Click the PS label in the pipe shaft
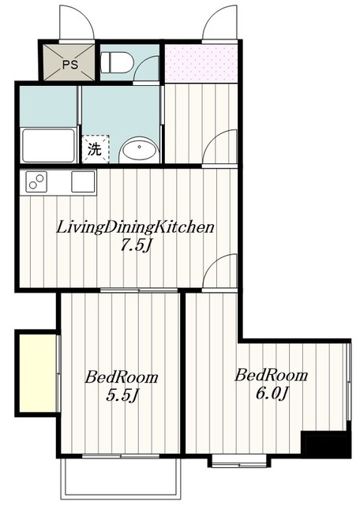pos(70,65)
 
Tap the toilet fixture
pos(117,62)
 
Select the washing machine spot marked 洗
pos(96,149)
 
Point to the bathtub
pos(49,145)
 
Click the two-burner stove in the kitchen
pos(36,182)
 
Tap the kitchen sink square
pos(83,181)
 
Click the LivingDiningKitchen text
pos(135,227)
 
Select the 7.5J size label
pos(136,246)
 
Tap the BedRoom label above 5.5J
pos(122,377)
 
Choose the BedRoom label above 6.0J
pos(271,376)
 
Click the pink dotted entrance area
pos(201,63)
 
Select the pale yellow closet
pos(38,373)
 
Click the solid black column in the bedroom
pos(325,445)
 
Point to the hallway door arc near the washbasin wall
pos(215,139)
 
